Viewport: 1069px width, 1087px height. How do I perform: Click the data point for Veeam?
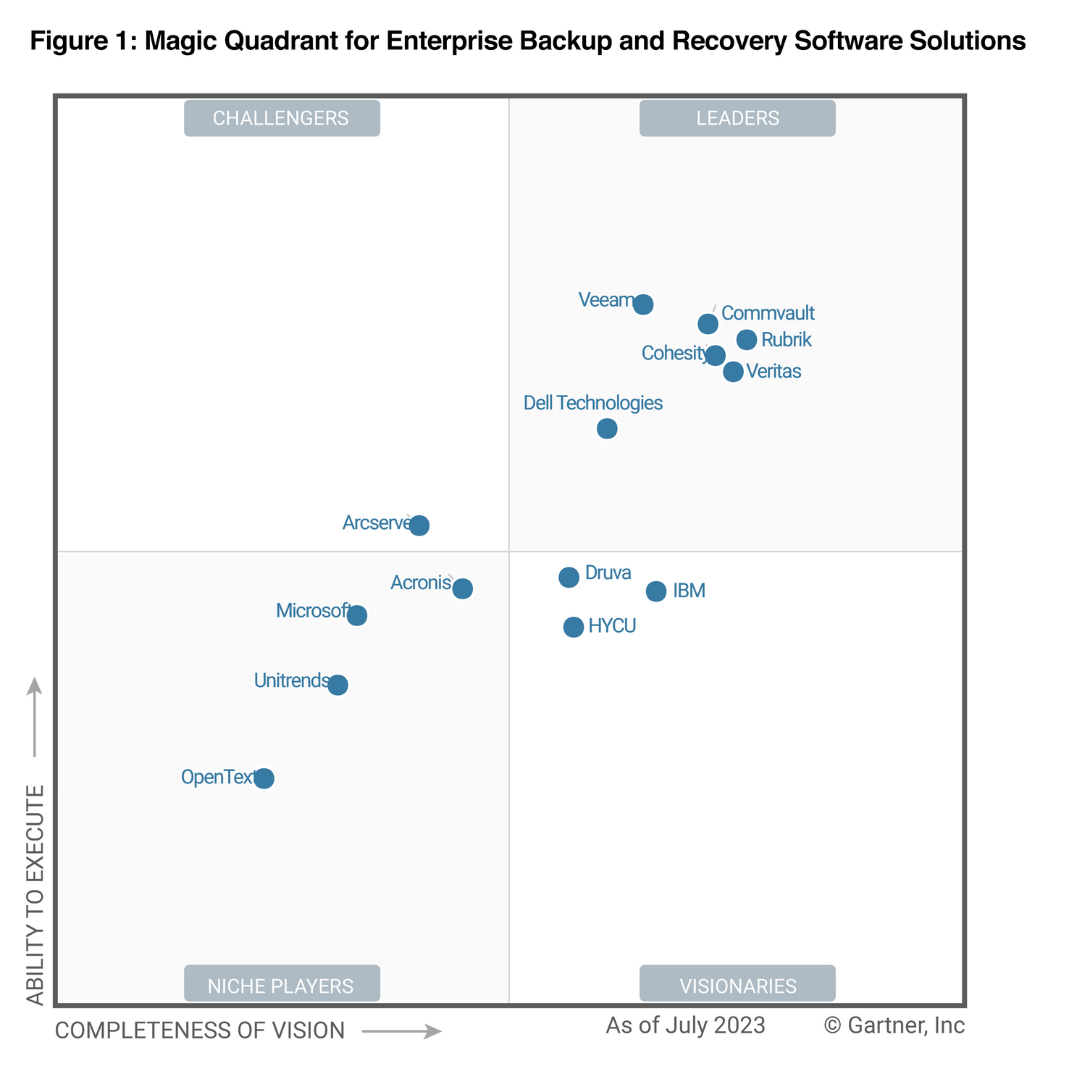[643, 304]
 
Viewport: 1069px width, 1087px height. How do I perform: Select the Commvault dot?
[708, 324]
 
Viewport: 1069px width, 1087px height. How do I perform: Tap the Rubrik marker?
[747, 339]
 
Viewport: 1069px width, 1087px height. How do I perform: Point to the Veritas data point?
[733, 372]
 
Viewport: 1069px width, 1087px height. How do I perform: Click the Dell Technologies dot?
[607, 429]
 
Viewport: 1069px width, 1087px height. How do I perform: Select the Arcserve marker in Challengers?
[419, 525]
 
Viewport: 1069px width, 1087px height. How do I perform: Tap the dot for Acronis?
[463, 588]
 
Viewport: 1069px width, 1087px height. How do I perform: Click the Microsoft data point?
[357, 616]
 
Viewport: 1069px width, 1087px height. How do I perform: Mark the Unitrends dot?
[338, 685]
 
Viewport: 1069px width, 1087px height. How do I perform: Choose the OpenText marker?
[264, 778]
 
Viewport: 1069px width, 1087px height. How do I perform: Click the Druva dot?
[569, 578]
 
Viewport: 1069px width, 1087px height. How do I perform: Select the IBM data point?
[656, 591]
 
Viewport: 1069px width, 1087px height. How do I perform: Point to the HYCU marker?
[574, 627]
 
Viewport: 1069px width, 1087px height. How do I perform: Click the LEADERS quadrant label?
[737, 118]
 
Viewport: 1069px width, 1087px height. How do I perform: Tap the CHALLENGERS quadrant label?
[282, 118]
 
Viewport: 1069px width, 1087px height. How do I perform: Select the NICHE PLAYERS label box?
[282, 984]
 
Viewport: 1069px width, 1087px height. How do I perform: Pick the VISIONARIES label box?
[737, 984]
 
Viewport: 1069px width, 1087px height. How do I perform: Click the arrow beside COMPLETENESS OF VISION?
[402, 1031]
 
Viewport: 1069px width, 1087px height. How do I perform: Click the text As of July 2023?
[685, 1025]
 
